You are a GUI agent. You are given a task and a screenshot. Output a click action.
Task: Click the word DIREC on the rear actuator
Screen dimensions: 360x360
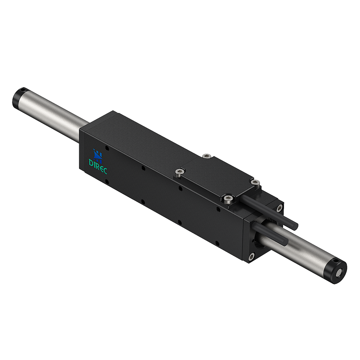(98, 162)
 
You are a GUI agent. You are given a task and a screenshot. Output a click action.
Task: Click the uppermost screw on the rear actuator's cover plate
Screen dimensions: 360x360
(206, 156)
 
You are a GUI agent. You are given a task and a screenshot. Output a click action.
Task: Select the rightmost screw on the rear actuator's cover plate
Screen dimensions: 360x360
(255, 183)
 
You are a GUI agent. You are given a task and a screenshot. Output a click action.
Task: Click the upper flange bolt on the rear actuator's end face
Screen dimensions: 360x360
(279, 207)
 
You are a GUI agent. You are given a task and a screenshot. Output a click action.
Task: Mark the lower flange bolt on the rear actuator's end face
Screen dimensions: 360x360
(251, 257)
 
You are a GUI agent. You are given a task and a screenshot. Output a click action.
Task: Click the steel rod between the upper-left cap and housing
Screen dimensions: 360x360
(54, 113)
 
